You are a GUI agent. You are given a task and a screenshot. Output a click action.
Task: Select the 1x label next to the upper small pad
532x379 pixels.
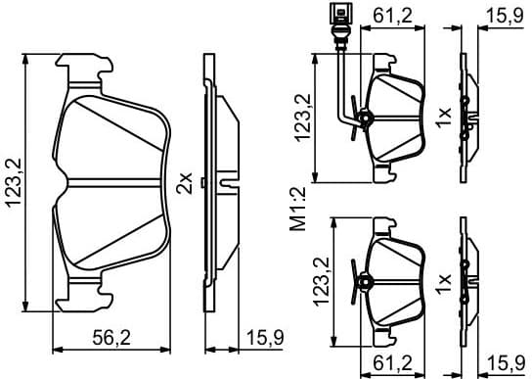pyautogui.click(x=444, y=118)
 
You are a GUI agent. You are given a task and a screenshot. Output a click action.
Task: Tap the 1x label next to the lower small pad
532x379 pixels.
pyautogui.click(x=444, y=286)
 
